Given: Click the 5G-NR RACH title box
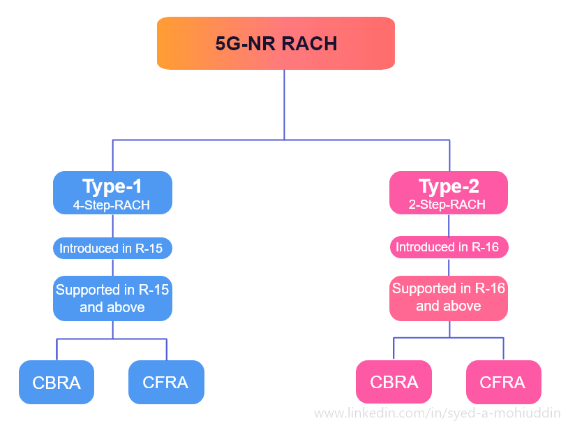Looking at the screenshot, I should pos(276,43).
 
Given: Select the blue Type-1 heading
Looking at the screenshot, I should pos(112,186).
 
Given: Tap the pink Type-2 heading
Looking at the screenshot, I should pos(449,186).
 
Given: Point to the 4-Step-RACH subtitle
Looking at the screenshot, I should pos(112,205).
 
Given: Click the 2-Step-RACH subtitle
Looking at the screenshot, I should pos(448,205).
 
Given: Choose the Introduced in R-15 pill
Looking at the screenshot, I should pos(112,248).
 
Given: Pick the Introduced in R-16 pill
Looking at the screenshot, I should pos(449,247).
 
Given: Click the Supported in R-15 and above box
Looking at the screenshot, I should pos(112,298).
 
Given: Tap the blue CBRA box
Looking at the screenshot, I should pos(57,382).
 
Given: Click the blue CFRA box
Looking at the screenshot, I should pos(166,382).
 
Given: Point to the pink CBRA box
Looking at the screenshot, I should pos(394,382).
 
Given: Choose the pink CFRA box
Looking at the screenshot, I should pos(503,382).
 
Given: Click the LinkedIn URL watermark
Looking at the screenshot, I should pos(437,413).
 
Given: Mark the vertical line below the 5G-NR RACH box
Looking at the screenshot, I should pos(284,105).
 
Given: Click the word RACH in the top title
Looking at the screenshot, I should pos(308,44).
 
